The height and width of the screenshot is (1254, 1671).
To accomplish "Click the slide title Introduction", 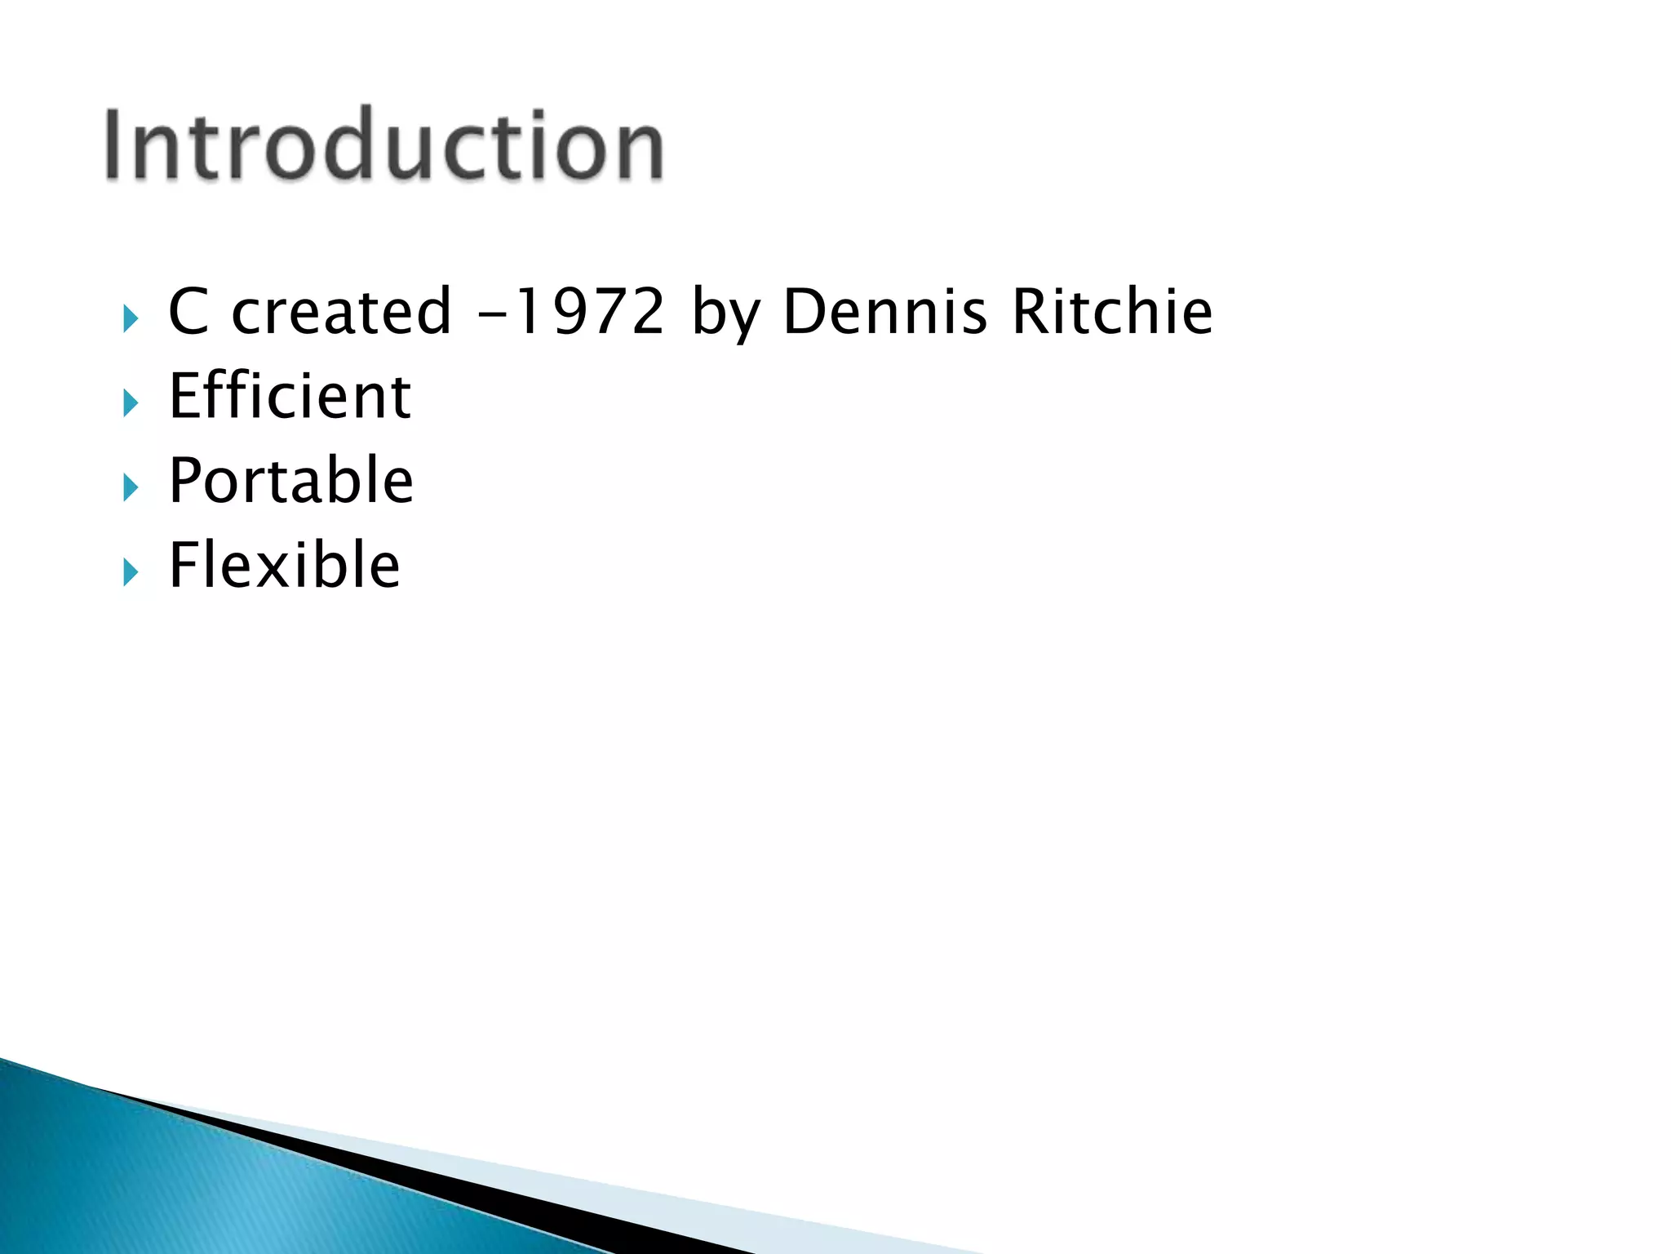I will [x=383, y=145].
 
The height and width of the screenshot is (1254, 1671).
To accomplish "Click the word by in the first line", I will [x=725, y=314].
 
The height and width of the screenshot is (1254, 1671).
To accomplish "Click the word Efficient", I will [x=290, y=396].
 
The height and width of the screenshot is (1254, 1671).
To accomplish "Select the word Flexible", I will [x=285, y=565].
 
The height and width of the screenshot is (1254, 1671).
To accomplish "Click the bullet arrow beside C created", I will [x=131, y=318].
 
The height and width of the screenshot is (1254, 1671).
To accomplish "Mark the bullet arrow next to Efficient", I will [x=131, y=402].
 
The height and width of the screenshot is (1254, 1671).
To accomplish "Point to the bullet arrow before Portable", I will [x=131, y=487].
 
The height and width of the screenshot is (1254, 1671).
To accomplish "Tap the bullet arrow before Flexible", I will [x=131, y=572].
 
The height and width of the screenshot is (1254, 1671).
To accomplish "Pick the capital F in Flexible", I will [x=184, y=565].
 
